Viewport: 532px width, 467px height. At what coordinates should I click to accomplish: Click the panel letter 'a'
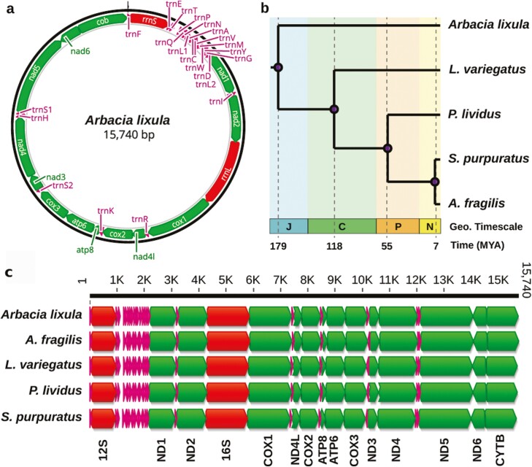[x=9, y=8]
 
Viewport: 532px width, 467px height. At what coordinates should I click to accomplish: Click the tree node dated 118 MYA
[x=334, y=109]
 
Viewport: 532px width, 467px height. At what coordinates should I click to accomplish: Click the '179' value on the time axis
[x=278, y=245]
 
